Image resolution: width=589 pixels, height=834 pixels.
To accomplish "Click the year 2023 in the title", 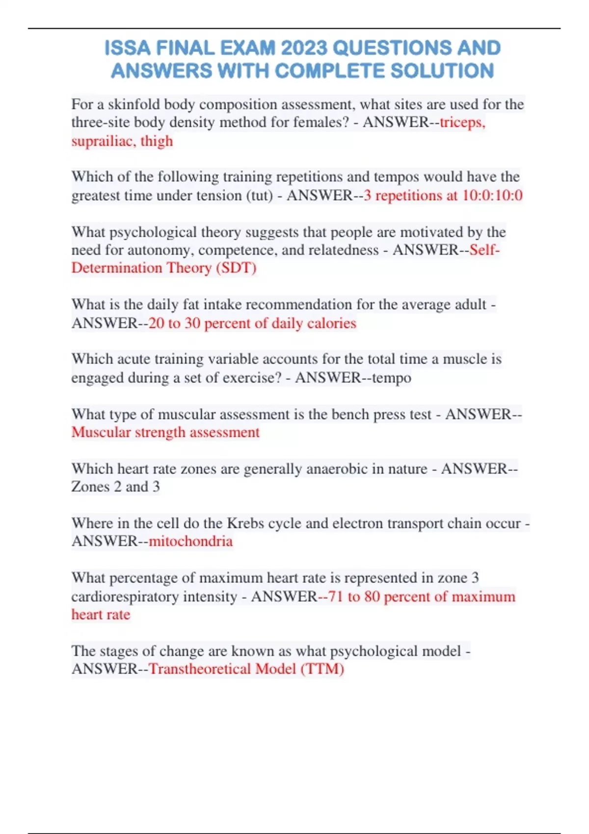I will (303, 48).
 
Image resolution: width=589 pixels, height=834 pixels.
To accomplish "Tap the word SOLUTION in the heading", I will (442, 71).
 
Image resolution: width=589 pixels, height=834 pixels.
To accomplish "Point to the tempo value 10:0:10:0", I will (492, 196).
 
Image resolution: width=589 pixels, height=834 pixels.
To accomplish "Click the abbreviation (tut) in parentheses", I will (259, 196).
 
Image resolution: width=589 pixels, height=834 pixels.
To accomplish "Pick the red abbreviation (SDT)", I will (236, 268).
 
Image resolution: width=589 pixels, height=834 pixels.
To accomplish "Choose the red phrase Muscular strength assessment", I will (165, 432).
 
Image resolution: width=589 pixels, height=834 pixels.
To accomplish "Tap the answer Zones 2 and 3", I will (115, 487).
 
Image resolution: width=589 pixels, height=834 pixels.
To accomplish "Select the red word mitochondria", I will (190, 541).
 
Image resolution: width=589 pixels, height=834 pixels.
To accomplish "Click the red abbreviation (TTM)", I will (322, 669).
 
